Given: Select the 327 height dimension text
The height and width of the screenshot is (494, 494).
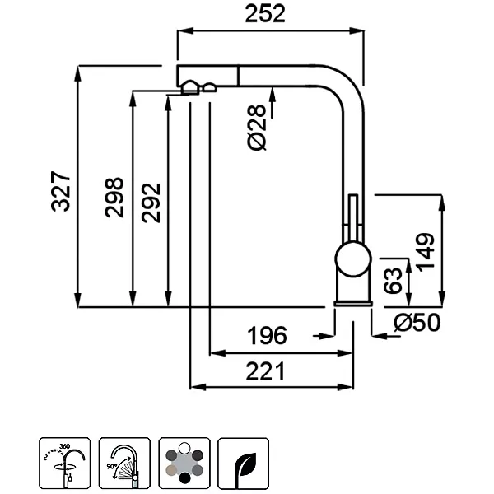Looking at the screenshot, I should tap(62, 192).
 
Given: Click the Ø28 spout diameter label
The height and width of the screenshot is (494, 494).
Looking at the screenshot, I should tap(258, 128).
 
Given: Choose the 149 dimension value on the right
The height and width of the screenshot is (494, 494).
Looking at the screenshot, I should tap(425, 249).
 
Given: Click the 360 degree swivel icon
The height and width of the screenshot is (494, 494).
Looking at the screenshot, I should tap(63, 464).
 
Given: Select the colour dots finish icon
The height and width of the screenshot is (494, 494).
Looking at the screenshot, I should tap(184, 464).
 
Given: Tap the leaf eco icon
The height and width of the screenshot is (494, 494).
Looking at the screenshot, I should tap(244, 464).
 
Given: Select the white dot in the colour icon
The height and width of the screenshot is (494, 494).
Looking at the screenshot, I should tap(184, 449).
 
